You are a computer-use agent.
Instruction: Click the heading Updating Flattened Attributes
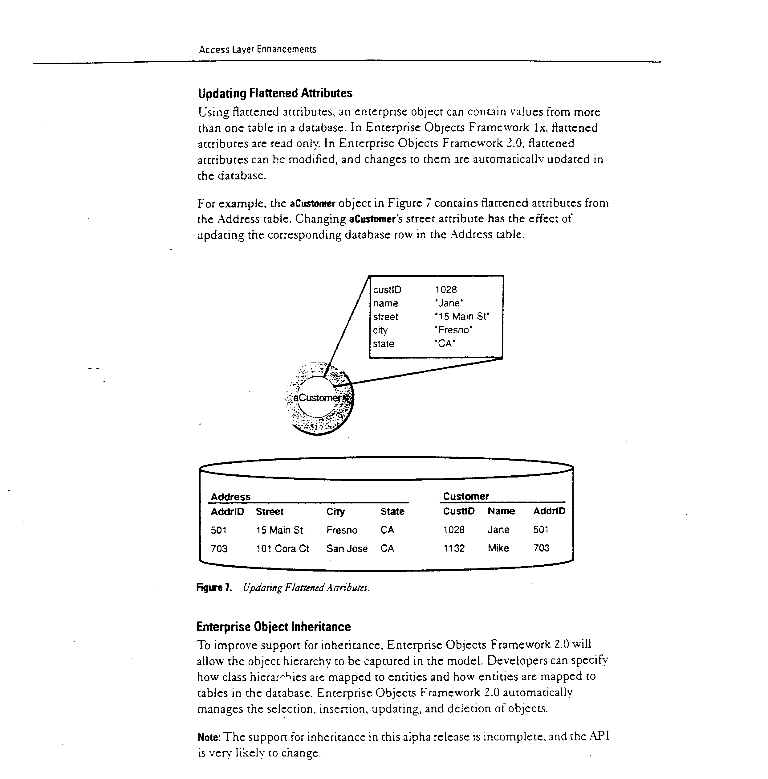pyautogui.click(x=275, y=93)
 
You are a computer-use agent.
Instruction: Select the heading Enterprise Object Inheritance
pyautogui.click(x=273, y=627)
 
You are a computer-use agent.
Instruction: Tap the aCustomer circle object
pyautogui.click(x=318, y=398)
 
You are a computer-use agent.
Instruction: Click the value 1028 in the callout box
pyautogui.click(x=446, y=289)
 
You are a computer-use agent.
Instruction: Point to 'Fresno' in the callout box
pyautogui.click(x=453, y=330)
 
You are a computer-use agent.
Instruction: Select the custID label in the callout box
pyautogui.click(x=387, y=290)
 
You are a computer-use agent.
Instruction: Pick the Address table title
pyautogui.click(x=230, y=497)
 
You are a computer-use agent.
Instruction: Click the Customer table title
pyautogui.click(x=466, y=496)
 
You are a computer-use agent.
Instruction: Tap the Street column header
pyautogui.click(x=270, y=512)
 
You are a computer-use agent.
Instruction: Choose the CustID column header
pyautogui.click(x=458, y=511)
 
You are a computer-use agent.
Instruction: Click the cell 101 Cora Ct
pyautogui.click(x=282, y=549)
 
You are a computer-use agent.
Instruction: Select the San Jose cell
pyautogui.click(x=347, y=549)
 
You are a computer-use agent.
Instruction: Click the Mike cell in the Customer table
pyautogui.click(x=498, y=548)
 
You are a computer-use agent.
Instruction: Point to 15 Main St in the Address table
pyautogui.click(x=279, y=530)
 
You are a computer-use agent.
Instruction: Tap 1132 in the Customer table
pyautogui.click(x=454, y=548)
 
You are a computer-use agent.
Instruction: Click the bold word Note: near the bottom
pyautogui.click(x=209, y=737)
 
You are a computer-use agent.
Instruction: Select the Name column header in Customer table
pyautogui.click(x=501, y=511)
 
